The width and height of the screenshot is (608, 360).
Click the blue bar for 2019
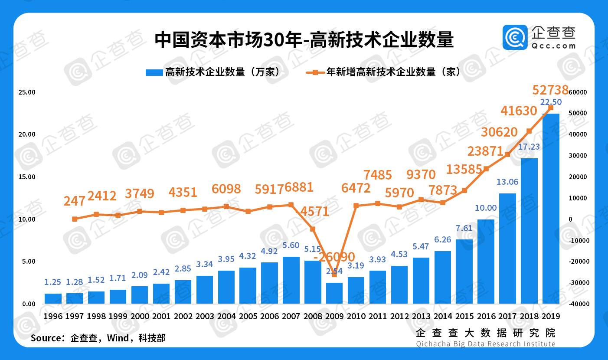pyautogui.click(x=551, y=208)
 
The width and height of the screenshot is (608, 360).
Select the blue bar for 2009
pyautogui.click(x=334, y=293)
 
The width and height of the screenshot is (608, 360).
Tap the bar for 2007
pyautogui.click(x=291, y=280)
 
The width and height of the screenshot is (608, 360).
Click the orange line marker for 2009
pyautogui.click(x=334, y=275)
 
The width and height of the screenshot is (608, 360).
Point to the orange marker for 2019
pyautogui.click(x=551, y=107)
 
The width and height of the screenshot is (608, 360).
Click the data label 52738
pyautogui.click(x=550, y=90)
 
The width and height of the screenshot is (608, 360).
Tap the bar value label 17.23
pyautogui.click(x=529, y=147)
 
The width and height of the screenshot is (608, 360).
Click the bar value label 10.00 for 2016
pyautogui.click(x=486, y=208)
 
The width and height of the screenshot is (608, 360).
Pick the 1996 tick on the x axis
pyautogui.click(x=53, y=316)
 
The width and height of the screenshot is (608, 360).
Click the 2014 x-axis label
pyautogui.click(x=443, y=316)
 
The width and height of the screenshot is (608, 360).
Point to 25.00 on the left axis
pyautogui.click(x=27, y=92)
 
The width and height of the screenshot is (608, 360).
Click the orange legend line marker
pyautogui.click(x=315, y=72)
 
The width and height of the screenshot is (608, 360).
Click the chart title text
pyautogui.click(x=304, y=40)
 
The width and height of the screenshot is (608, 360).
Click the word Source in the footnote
pyautogui.click(x=45, y=338)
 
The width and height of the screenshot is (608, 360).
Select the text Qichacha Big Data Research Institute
pyautogui.click(x=485, y=344)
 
